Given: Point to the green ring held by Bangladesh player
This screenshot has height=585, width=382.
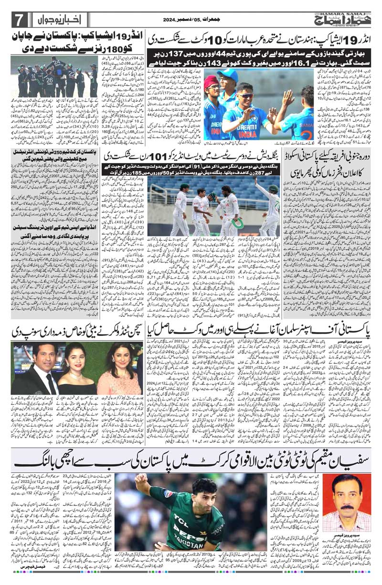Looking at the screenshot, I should click(x=236, y=223).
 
